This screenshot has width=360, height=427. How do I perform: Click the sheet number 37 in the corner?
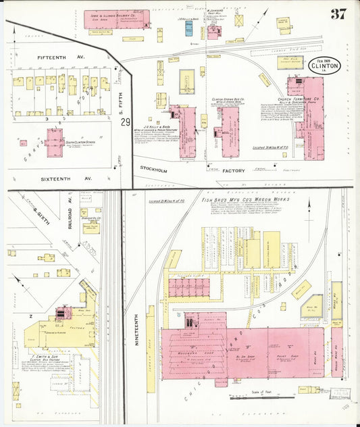(339, 14)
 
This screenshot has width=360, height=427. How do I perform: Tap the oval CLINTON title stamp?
(325, 66)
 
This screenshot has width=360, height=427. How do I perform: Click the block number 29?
(126, 122)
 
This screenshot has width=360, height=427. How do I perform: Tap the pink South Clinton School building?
(55, 142)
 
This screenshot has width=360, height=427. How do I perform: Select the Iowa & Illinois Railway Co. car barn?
(116, 19)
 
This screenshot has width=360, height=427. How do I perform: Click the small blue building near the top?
(189, 28)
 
